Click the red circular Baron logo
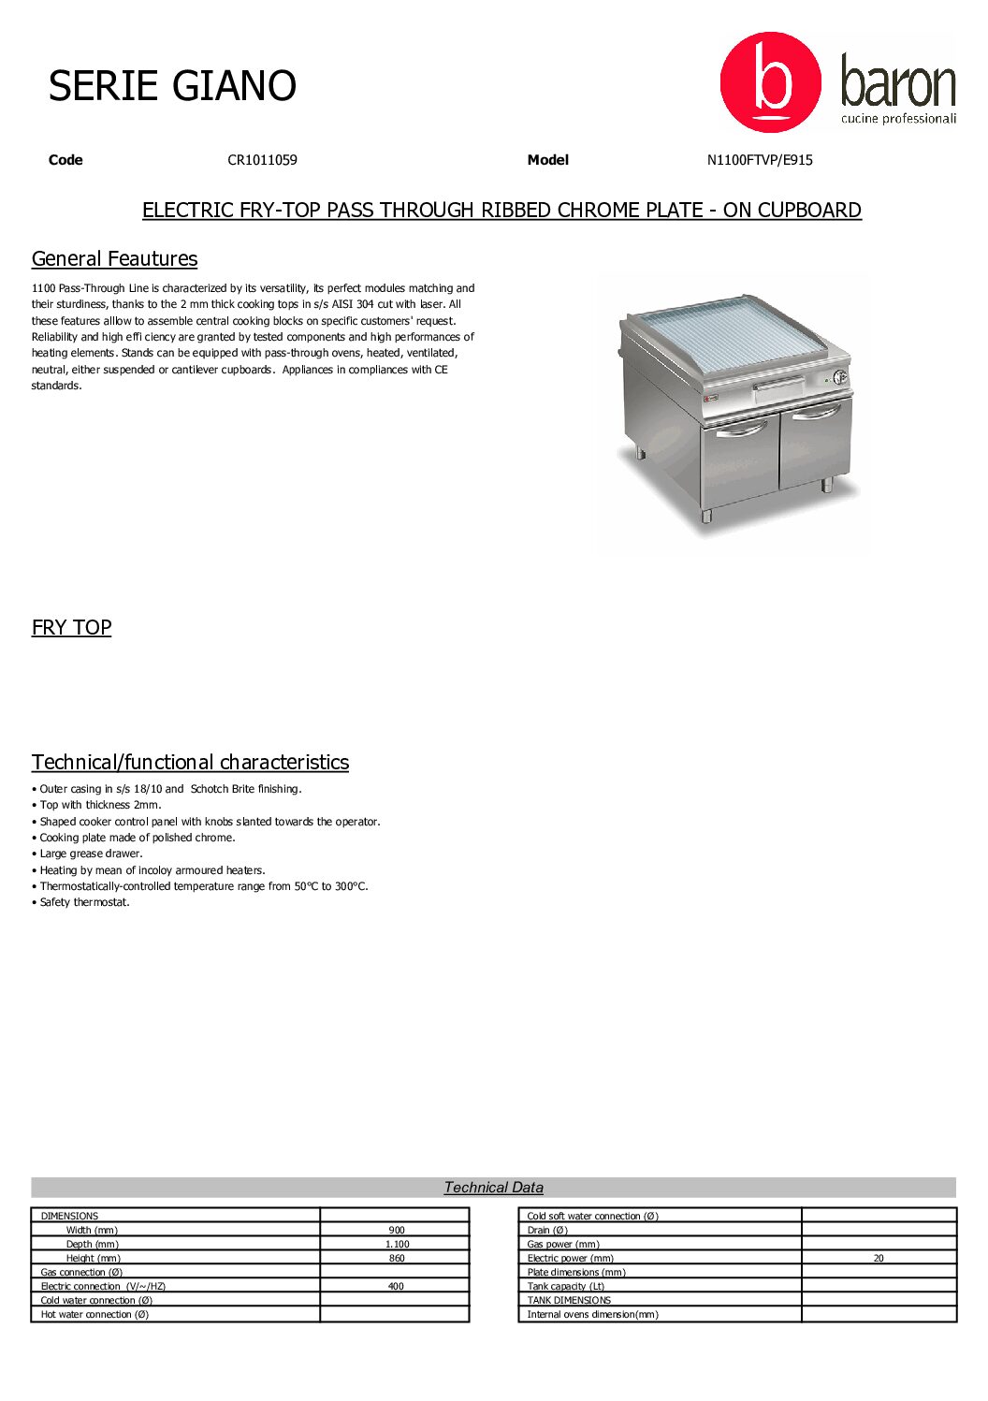(x=769, y=82)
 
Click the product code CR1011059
(x=262, y=160)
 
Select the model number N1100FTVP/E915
(x=760, y=160)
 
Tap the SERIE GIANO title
(x=172, y=86)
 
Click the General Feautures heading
(x=114, y=259)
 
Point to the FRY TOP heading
(x=71, y=628)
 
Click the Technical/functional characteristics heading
(x=190, y=763)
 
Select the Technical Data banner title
(x=493, y=1188)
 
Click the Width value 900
(x=397, y=1231)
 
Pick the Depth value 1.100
(x=397, y=1245)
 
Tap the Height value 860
(x=397, y=1259)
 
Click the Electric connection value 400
(x=396, y=1287)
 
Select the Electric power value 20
(x=879, y=1259)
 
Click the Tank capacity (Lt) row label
(x=565, y=1287)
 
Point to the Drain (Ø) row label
(x=547, y=1231)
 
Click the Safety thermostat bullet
(x=84, y=903)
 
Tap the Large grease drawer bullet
(x=91, y=854)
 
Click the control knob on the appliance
(x=839, y=377)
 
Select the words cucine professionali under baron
(x=898, y=119)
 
